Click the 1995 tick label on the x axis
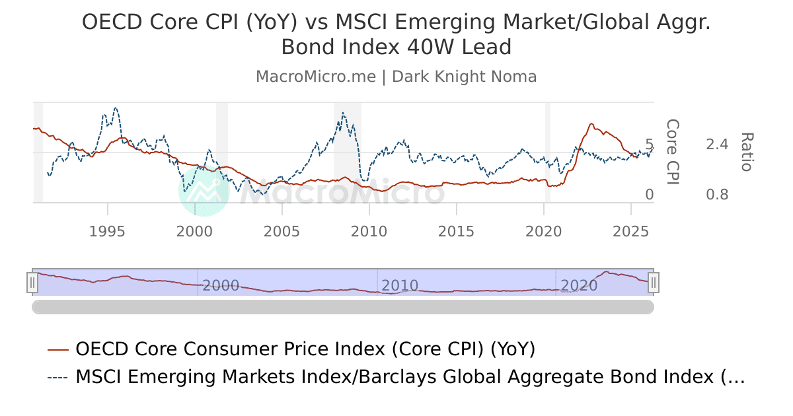(x=107, y=231)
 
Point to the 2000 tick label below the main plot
(x=194, y=231)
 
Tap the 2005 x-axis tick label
(x=282, y=231)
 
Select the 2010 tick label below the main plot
(x=369, y=231)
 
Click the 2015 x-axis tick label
(x=456, y=231)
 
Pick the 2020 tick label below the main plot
(x=543, y=231)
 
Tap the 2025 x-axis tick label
(x=630, y=231)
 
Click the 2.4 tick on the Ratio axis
(x=717, y=145)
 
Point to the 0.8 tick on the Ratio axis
(x=717, y=195)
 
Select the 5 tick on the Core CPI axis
(x=649, y=145)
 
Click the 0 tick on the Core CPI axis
(x=649, y=195)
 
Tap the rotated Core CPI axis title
(x=672, y=152)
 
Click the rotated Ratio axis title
(x=746, y=152)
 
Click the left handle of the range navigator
(x=32, y=283)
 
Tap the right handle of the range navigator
(x=654, y=283)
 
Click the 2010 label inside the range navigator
(x=400, y=286)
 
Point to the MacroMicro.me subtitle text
(x=397, y=77)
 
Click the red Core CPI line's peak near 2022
(x=591, y=123)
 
